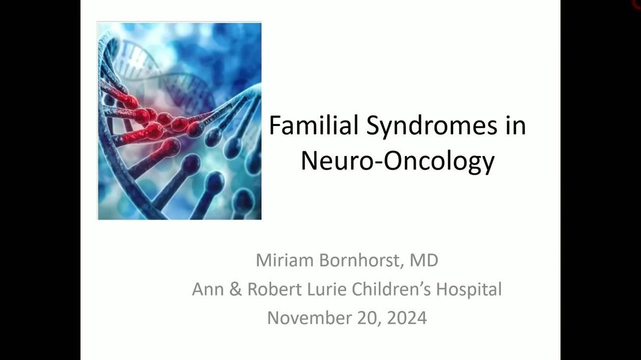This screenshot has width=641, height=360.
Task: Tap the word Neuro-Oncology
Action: point(397,161)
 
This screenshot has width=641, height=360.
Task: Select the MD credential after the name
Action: point(423,261)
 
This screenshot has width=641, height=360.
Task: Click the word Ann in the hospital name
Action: point(206,289)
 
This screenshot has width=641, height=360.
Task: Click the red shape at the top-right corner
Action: point(637,4)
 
